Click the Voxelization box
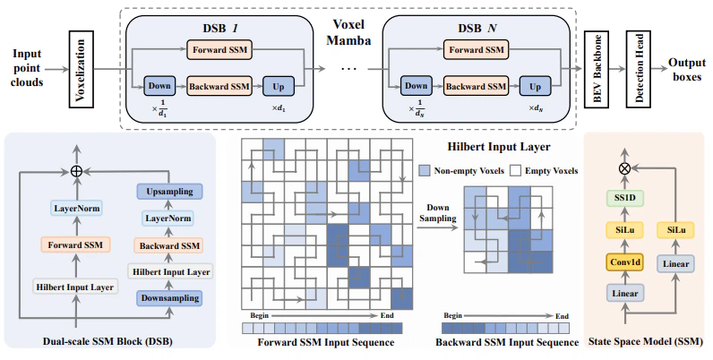[x=82, y=69]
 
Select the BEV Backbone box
[x=597, y=69]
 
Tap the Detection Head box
[x=639, y=69]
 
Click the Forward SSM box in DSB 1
[x=219, y=49]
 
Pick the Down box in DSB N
[x=417, y=86]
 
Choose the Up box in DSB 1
[x=279, y=86]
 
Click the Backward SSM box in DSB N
[x=477, y=86]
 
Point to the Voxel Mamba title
[x=348, y=32]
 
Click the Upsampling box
[x=169, y=192]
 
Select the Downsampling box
[x=169, y=298]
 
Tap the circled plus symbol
[x=76, y=171]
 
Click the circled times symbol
[x=625, y=168]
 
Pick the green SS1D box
[x=625, y=198]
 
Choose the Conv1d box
[x=625, y=262]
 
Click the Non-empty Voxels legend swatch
[x=425, y=171]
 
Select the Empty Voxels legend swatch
[x=516, y=171]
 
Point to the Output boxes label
[x=687, y=70]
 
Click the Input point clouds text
[x=27, y=68]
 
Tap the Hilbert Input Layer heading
[x=499, y=147]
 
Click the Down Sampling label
[x=437, y=213]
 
